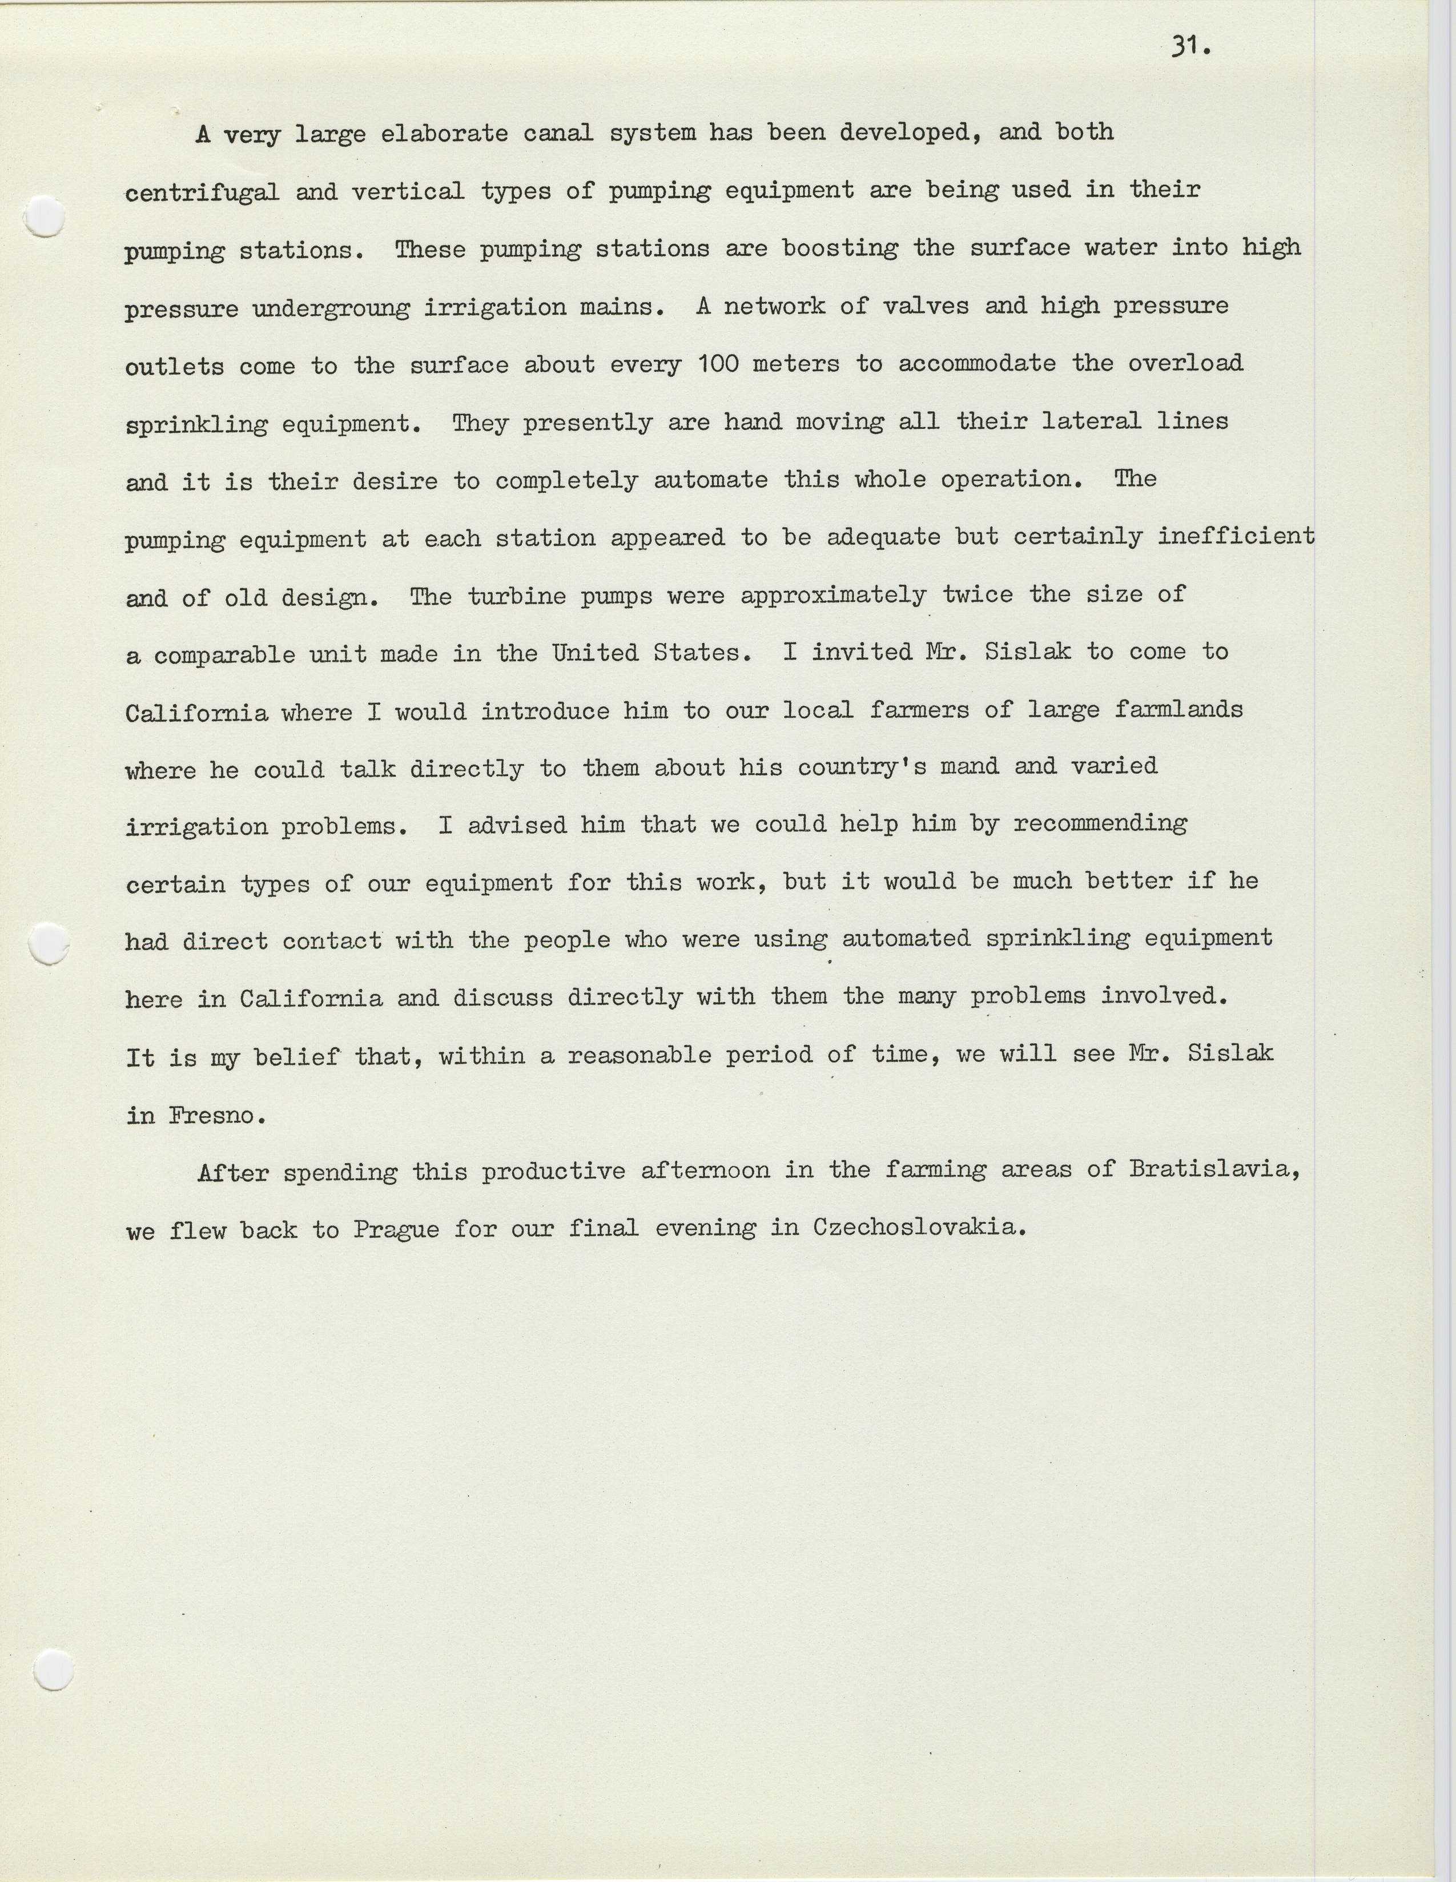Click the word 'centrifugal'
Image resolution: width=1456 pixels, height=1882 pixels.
202,192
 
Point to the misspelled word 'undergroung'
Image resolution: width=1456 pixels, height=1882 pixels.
331,308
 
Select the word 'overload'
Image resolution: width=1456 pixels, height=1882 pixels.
1185,363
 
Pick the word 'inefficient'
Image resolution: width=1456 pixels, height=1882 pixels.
1236,536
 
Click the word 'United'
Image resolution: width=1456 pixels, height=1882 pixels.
596,652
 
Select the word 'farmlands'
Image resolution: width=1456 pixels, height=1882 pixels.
1178,710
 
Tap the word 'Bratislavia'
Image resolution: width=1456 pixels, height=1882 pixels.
1212,1170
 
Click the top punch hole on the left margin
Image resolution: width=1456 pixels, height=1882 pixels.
45,216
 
